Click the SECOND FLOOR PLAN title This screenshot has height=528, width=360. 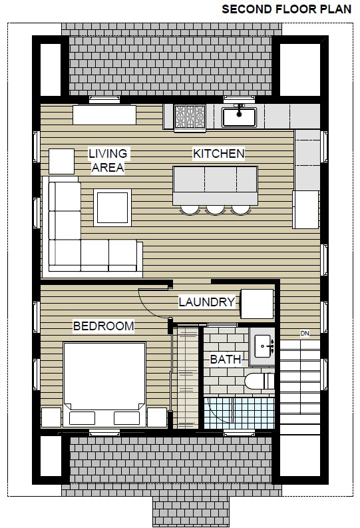point(287,9)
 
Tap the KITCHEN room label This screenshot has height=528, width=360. point(219,154)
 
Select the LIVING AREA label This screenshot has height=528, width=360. point(108,160)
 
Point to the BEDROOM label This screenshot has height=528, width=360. point(104,326)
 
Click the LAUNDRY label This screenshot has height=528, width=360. point(206,302)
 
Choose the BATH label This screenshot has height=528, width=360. point(226,360)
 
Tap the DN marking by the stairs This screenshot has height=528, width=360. point(305,334)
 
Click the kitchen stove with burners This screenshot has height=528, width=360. point(190,117)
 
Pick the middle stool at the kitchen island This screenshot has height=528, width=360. point(216,210)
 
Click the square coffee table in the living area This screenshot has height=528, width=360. point(112,208)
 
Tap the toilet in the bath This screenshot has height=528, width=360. point(260,381)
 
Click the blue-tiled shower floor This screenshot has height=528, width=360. point(239,413)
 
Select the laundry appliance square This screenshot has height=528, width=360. point(257,304)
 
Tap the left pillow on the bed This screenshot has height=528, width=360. point(82,418)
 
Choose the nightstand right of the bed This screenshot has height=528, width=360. point(157,417)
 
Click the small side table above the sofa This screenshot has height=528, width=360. point(62,161)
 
